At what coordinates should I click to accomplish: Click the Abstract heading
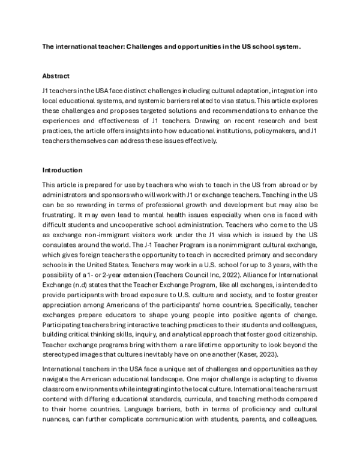[56, 76]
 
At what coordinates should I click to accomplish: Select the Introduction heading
[62, 170]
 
